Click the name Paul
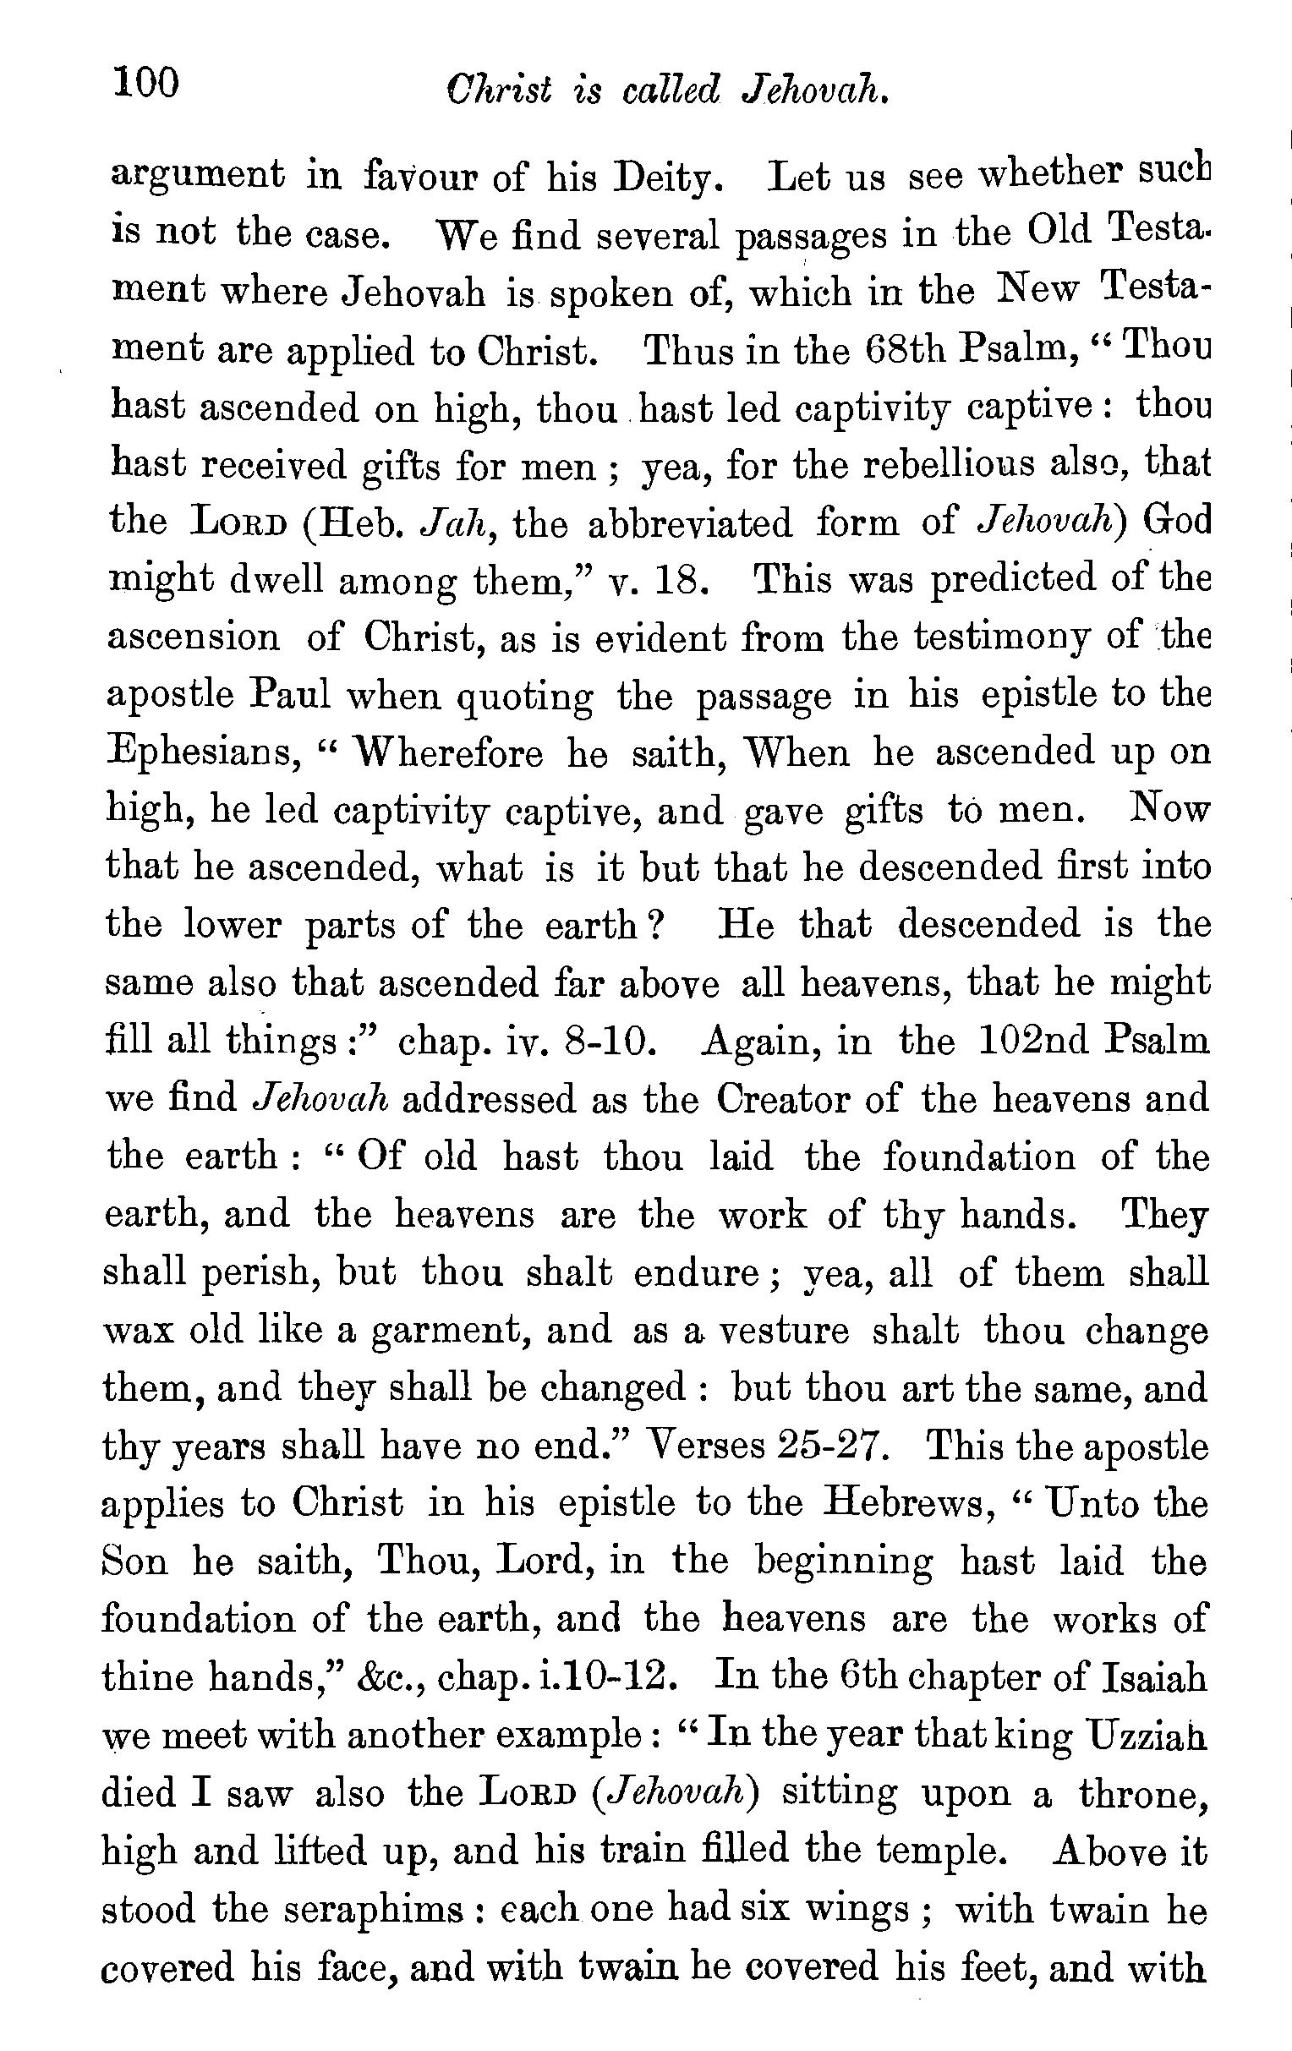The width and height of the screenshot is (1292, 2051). point(289,695)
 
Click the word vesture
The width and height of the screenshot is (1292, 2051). point(784,1330)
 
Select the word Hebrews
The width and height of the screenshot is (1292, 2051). point(903,1504)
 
